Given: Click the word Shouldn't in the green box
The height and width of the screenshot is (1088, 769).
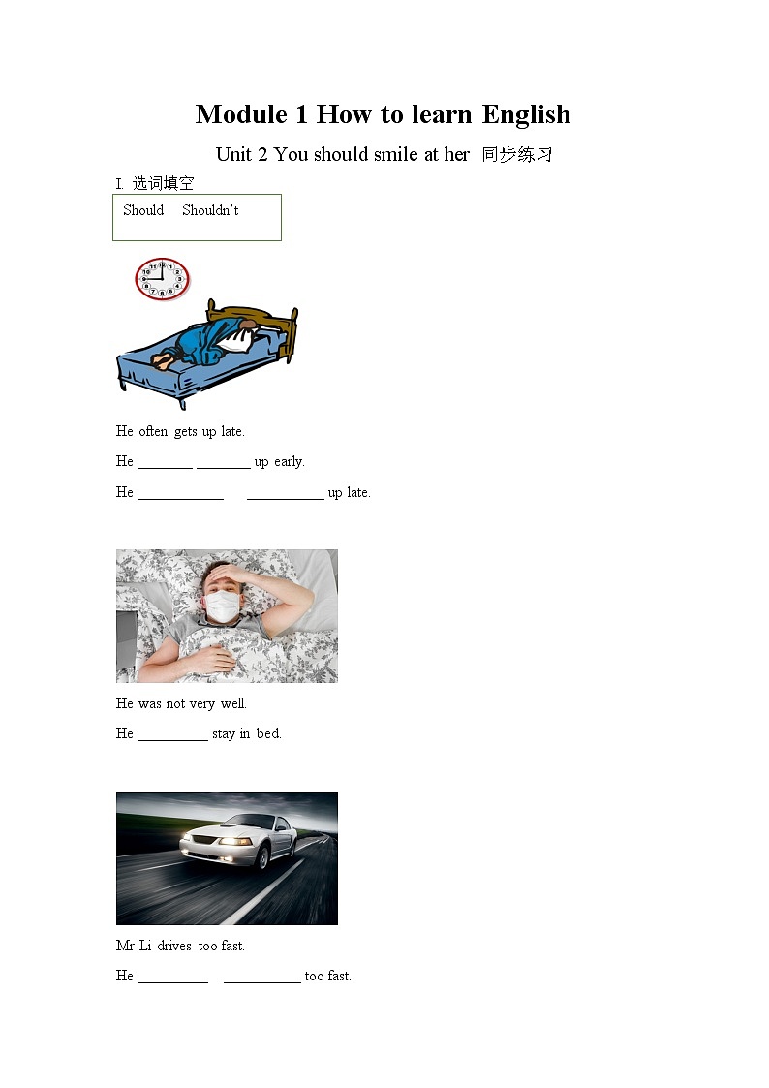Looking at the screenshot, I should point(210,210).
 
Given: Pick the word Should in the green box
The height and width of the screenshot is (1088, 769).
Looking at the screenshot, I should point(143,210).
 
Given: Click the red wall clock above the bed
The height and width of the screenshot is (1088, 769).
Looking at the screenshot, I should point(162,279).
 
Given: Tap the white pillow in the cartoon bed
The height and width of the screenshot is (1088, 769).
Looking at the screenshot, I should point(233,339).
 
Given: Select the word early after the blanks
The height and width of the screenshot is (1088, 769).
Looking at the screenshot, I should point(289,462).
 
